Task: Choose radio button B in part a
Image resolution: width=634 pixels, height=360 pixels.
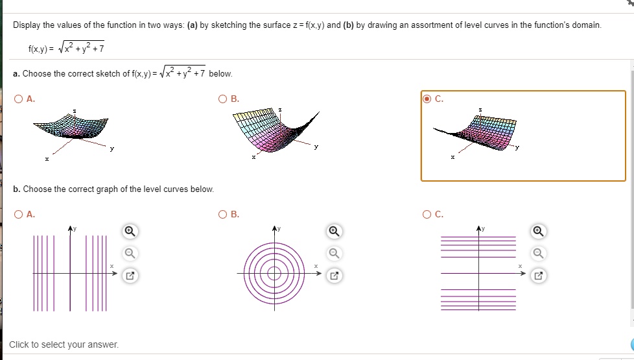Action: tap(223, 99)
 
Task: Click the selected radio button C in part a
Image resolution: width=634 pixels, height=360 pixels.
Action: tap(427, 99)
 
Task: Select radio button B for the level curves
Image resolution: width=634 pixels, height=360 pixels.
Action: tap(223, 214)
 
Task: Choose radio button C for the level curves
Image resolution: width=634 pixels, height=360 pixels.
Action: tap(427, 214)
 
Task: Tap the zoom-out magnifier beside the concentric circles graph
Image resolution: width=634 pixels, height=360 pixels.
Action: tap(334, 253)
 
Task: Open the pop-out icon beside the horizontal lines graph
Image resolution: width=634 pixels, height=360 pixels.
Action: tap(538, 276)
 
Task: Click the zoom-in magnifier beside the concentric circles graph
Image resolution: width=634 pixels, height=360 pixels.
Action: tap(334, 231)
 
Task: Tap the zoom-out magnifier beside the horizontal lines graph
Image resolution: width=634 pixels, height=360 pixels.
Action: tap(538, 253)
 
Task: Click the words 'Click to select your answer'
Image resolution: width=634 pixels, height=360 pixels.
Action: tap(64, 344)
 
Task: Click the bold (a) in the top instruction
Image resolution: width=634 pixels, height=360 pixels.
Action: tap(191, 25)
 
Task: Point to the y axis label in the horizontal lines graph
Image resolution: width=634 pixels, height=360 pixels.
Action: tap(483, 228)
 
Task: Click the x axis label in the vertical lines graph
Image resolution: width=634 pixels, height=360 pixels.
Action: tap(111, 266)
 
